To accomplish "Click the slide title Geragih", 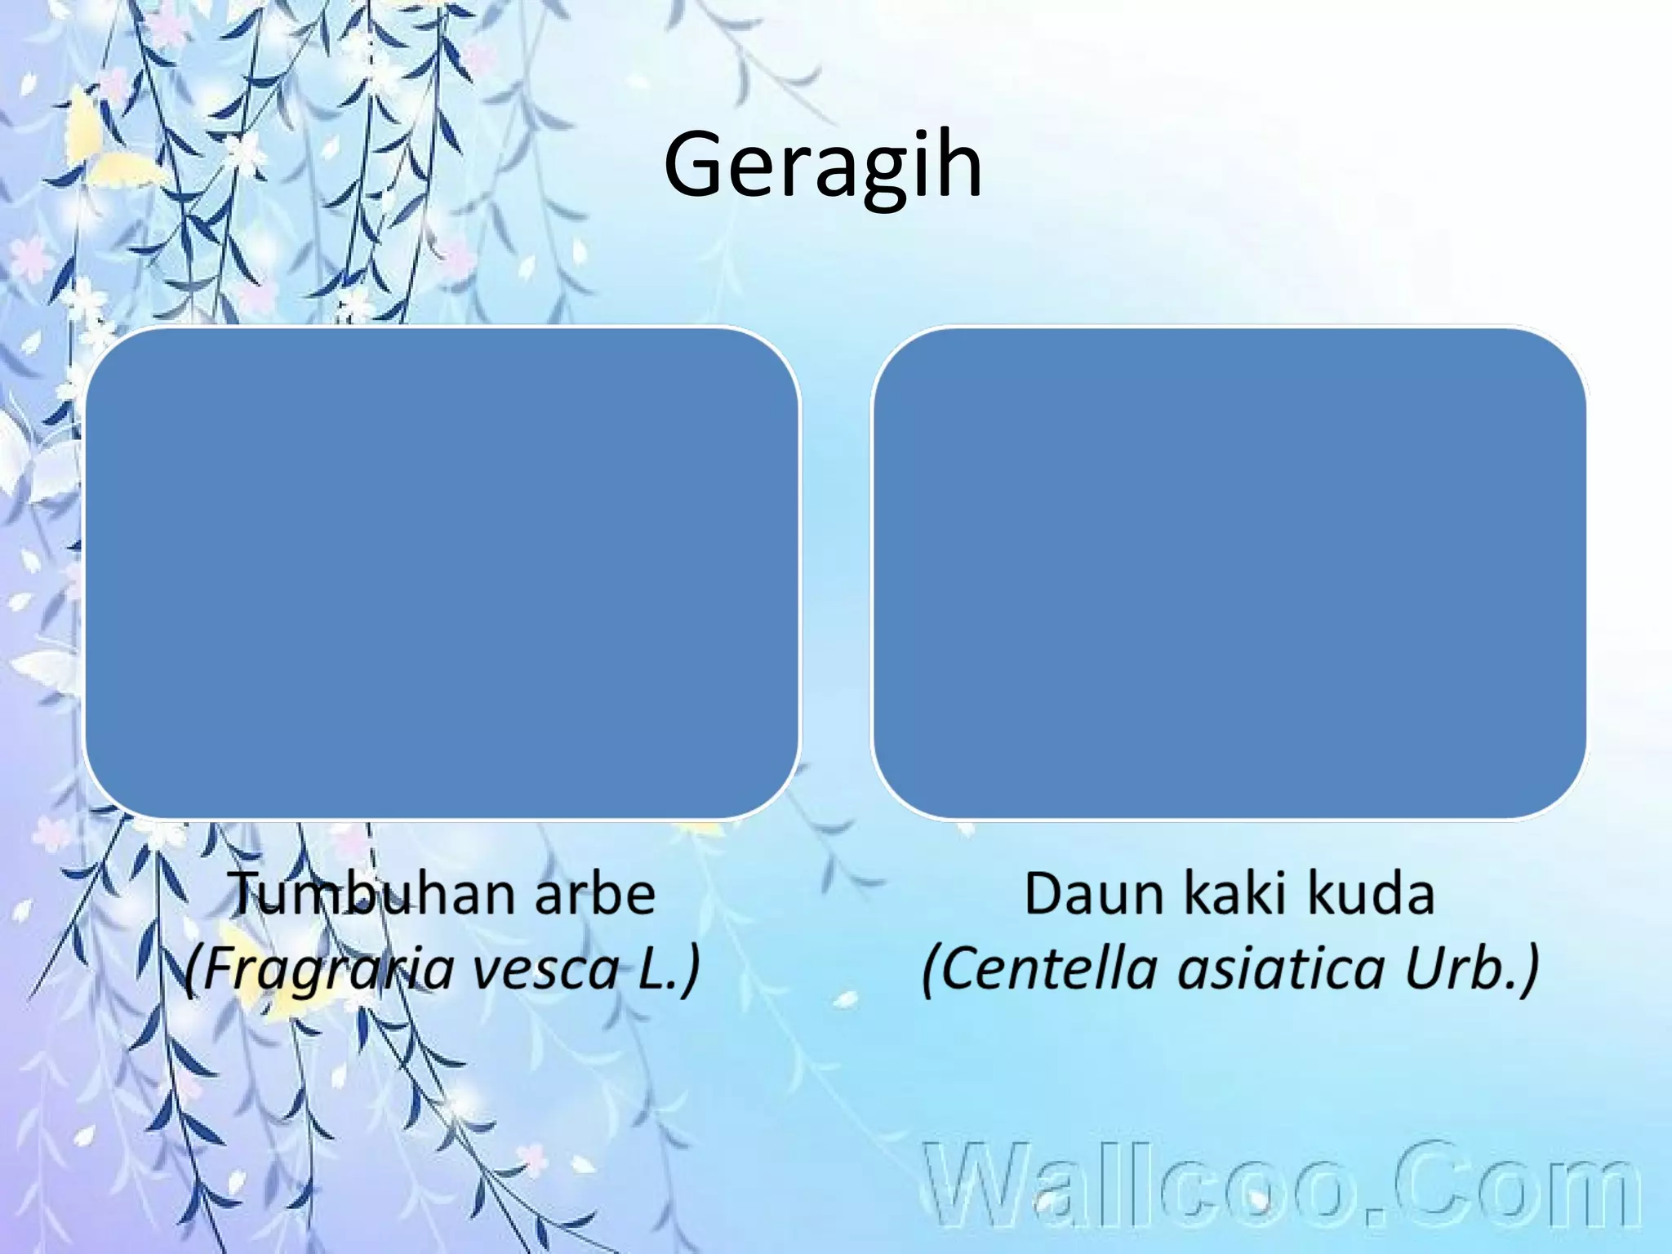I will tap(823, 166).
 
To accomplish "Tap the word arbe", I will tap(594, 894).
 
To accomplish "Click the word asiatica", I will tap(1281, 969).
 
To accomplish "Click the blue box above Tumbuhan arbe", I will tap(442, 572).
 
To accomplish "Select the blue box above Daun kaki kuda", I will tap(1230, 572).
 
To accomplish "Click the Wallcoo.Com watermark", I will tap(1281, 1186).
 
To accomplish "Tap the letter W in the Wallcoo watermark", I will tap(978, 1186).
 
